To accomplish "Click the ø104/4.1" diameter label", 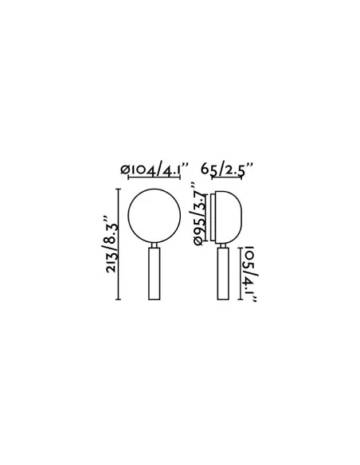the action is click(155, 170).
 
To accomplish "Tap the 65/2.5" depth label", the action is click(227, 169).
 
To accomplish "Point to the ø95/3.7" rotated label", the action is click(198, 214).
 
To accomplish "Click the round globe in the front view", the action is click(154, 189).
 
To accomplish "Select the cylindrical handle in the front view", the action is click(155, 274).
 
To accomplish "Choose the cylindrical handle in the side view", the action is click(223, 274).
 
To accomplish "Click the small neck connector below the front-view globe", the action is click(155, 245).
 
